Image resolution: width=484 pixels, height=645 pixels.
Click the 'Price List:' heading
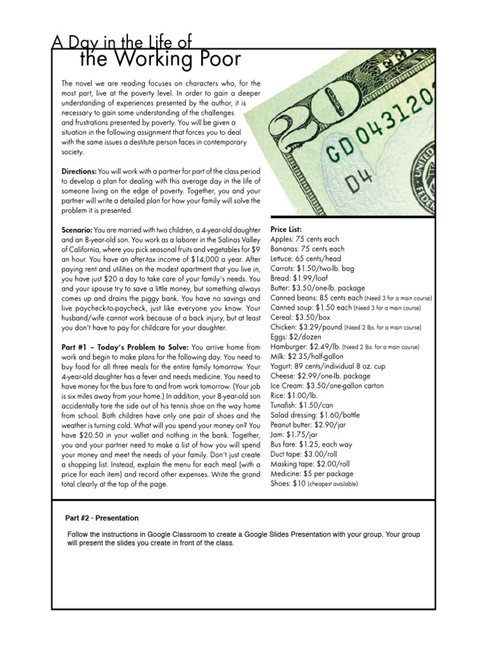(287, 230)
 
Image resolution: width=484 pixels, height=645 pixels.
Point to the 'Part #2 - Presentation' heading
(102, 518)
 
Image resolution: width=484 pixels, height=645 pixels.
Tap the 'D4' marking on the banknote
(360, 183)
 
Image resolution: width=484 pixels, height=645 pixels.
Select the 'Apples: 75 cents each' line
(304, 239)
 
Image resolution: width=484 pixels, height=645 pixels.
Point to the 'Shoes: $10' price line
(287, 484)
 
